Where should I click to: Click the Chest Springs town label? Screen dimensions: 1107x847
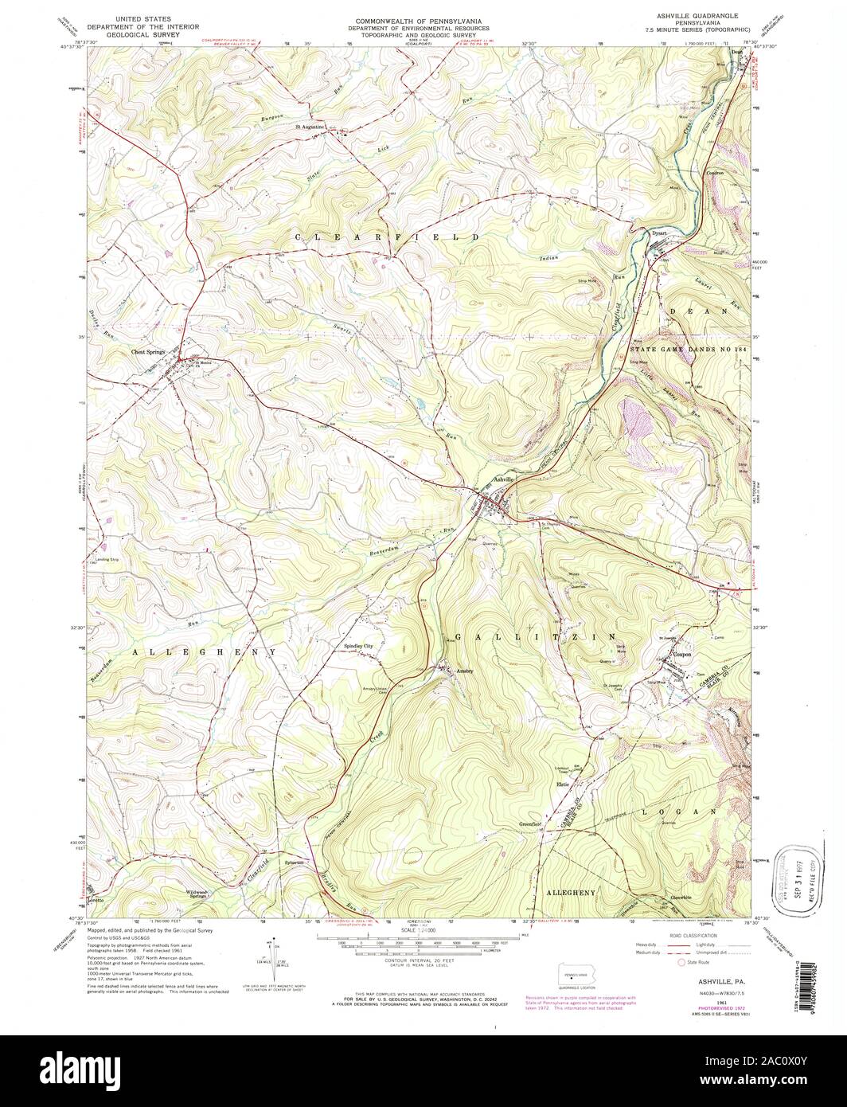click(x=148, y=351)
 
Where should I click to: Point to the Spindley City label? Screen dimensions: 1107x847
click(x=358, y=646)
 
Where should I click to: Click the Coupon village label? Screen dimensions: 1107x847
click(x=680, y=655)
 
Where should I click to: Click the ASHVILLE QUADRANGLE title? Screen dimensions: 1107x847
click(x=685, y=16)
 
